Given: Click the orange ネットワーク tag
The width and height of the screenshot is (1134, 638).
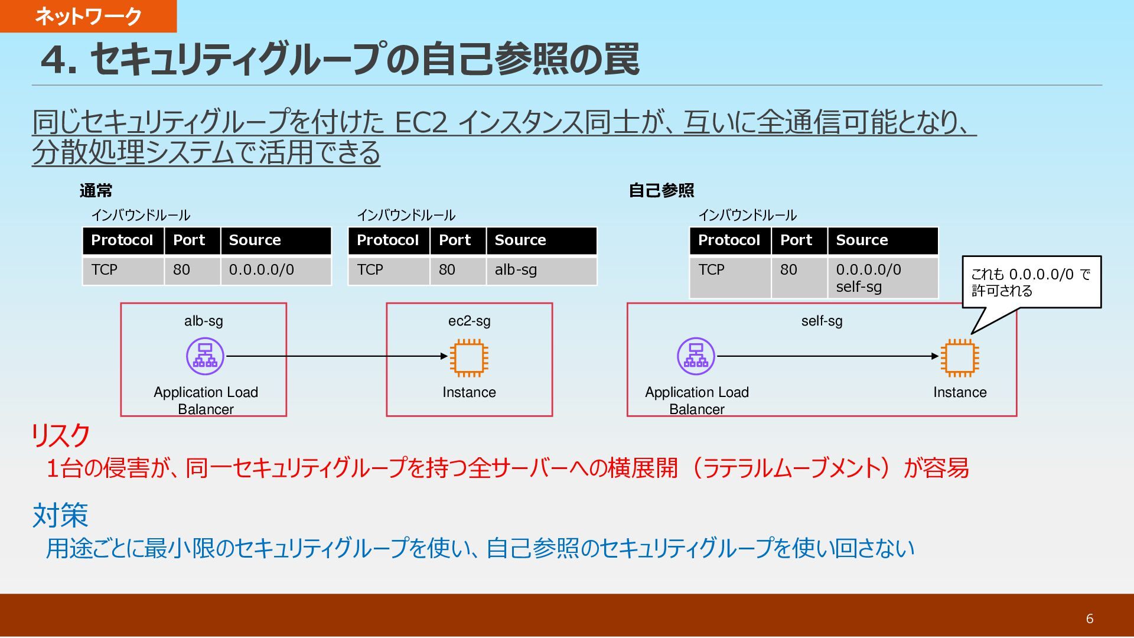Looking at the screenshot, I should pos(88,16).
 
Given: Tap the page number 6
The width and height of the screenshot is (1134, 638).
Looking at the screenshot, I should pos(1090,619).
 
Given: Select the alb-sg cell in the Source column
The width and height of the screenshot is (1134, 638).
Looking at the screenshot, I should pos(541,270).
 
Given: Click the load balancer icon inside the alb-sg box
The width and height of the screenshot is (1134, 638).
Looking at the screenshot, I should pos(205,356).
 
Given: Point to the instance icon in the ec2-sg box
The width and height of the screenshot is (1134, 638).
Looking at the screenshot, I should pos(469,357).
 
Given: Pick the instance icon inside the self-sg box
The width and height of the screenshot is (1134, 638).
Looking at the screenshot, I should pos(959,357).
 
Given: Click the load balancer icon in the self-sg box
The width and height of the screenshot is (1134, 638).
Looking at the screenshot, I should pos(696,356).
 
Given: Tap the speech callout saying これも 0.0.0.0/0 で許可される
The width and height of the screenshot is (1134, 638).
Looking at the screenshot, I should pos(1031,282).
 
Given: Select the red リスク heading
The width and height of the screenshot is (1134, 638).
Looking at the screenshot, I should pos(60,436).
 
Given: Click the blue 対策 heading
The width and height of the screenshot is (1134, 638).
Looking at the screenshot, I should pos(60,515).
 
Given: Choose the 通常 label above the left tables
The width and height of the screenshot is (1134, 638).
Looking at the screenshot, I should pos(96,191).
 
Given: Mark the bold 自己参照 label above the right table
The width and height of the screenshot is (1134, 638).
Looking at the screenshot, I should pos(661,191).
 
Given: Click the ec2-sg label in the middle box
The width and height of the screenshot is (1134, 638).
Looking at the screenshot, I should pos(469,321).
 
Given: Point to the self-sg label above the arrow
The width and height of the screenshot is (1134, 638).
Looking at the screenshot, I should pos(822,321).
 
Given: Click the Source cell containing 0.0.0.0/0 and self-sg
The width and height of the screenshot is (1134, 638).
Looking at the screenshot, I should pos(882,278).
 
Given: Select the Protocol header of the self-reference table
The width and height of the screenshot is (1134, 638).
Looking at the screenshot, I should pos(729,240).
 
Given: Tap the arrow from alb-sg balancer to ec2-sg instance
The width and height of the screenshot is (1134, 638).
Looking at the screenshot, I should pos(337,356).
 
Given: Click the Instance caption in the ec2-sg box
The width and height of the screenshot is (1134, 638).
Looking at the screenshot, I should pos(469,392).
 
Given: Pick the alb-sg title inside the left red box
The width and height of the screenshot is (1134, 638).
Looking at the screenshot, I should pos(203,321).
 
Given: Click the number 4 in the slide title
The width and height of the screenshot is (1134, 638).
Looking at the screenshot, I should pos(54,60).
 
